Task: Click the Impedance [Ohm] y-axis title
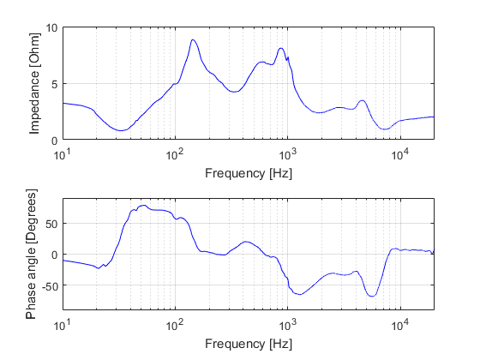34,83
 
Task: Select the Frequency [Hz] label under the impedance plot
248,172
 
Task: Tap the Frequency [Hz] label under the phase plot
248,344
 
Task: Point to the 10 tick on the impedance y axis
52,27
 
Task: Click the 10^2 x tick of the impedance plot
175,155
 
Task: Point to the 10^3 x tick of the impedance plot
288,155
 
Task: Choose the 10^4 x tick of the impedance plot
400,155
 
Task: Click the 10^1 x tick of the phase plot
63,326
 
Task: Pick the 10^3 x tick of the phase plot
288,326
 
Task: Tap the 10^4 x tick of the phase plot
400,326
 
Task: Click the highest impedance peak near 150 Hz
194,39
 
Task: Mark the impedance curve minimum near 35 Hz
122,131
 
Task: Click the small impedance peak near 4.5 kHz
363,100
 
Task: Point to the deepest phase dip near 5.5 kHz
372,296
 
